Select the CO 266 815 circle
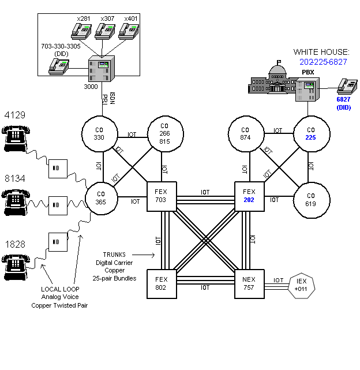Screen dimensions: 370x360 click(164, 134)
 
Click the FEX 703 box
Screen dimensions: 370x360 click(162, 197)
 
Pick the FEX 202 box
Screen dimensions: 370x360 click(249, 197)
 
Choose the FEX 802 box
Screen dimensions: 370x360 click(162, 283)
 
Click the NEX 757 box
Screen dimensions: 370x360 click(249, 283)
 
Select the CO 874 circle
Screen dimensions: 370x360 click(246, 134)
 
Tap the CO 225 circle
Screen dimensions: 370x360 click(311, 134)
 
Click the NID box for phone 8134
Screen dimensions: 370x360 click(57, 204)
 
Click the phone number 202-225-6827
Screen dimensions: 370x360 click(323, 61)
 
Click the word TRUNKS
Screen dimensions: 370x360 click(114, 254)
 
